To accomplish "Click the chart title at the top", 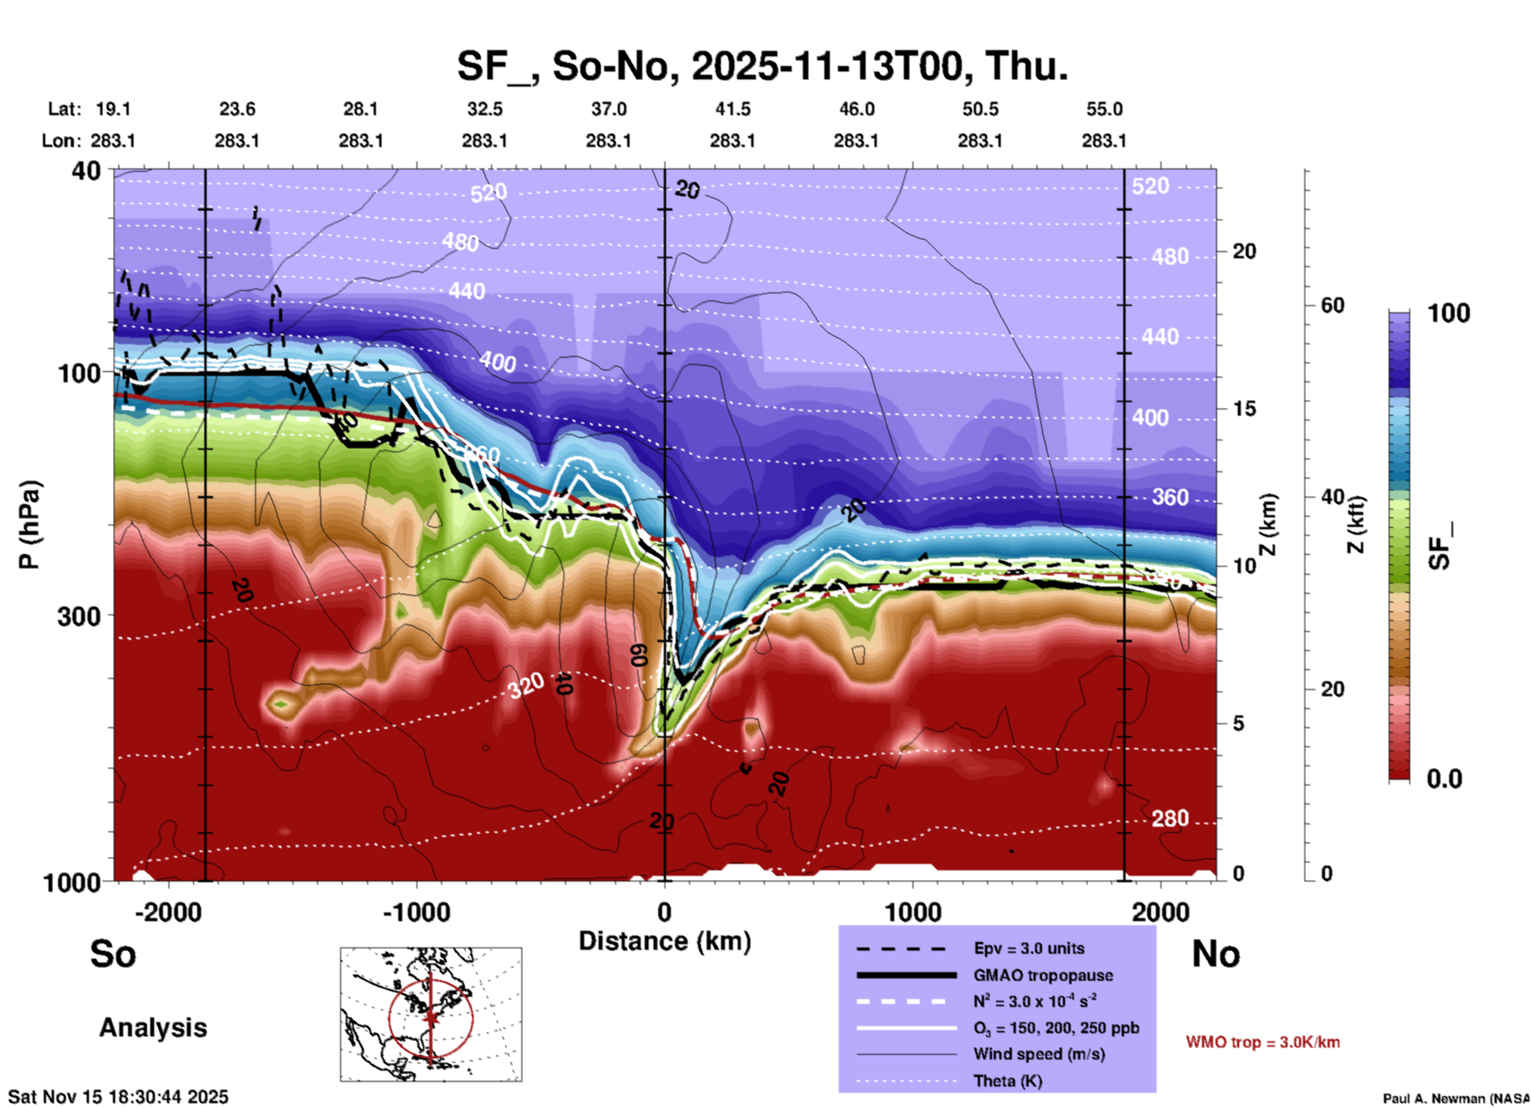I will (x=762, y=65).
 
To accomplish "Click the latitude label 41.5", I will (x=731, y=109).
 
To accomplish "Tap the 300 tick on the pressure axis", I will (x=79, y=615).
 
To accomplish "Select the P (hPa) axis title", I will (x=29, y=525).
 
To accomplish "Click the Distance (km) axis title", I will (x=665, y=941).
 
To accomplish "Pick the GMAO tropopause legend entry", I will (x=1043, y=975).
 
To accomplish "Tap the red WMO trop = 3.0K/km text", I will (x=1262, y=1042).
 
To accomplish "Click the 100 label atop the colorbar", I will (x=1448, y=313).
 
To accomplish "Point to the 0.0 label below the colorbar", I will (x=1444, y=779).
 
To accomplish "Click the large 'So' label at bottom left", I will (x=113, y=954).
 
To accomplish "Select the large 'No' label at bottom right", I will (x=1215, y=954).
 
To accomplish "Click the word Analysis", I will (x=153, y=1028).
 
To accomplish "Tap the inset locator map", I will (x=431, y=1014).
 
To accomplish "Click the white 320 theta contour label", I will (x=526, y=684).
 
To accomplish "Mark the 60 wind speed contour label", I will (x=638, y=655).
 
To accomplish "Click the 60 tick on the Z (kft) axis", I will (x=1332, y=305).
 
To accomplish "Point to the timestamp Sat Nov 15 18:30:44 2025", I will (x=118, y=1097).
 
